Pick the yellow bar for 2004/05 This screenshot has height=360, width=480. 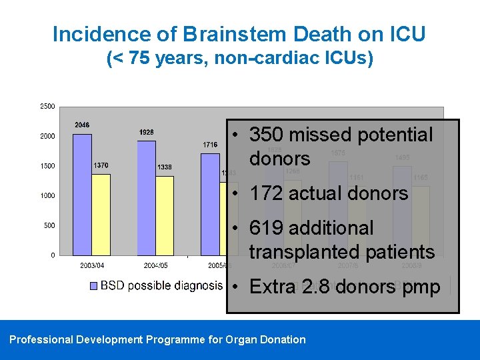pos(165,215)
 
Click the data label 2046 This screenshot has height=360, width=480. pos(82,125)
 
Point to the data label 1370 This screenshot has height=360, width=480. pos(101,165)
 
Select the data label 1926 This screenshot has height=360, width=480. pos(146,132)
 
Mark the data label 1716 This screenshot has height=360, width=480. pos(210,145)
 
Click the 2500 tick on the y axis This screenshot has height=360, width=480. pos(47,106)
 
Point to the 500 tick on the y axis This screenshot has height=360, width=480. pos(49,225)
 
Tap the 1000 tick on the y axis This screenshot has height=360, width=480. pos(47,195)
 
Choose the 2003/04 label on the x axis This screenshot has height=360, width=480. pos(91,265)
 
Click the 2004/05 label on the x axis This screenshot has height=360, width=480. pos(155,265)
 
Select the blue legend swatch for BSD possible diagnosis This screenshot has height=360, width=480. pos(93,286)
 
